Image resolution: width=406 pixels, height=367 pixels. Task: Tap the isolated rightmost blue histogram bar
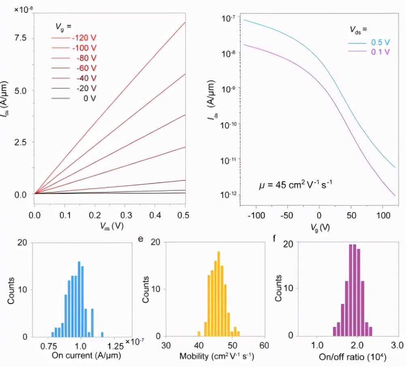pos(102,334)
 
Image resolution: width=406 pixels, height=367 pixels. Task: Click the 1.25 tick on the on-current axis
pos(116,347)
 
